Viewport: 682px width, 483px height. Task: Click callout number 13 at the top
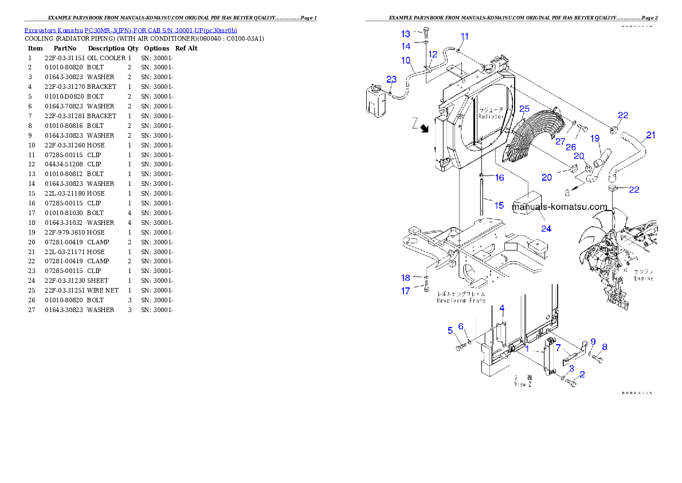click(x=406, y=34)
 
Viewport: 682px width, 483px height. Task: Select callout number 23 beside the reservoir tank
click(x=391, y=79)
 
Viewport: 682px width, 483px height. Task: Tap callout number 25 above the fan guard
click(x=524, y=108)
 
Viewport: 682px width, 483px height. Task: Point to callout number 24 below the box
click(x=546, y=228)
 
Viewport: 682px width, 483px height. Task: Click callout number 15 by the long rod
click(x=499, y=205)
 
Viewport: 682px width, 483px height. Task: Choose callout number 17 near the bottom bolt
click(x=406, y=291)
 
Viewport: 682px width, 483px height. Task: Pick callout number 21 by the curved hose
click(x=650, y=135)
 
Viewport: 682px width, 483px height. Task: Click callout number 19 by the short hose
click(x=595, y=138)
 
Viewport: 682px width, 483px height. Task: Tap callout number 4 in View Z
click(x=501, y=308)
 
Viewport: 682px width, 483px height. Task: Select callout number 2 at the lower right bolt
click(x=582, y=375)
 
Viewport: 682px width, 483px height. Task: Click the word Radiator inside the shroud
click(x=491, y=116)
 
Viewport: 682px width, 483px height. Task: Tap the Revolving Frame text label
click(x=461, y=300)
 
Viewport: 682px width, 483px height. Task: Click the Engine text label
click(x=643, y=278)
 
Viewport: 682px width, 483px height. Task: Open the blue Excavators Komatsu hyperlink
click(x=131, y=30)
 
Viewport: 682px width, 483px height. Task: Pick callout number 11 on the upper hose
click(x=465, y=36)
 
